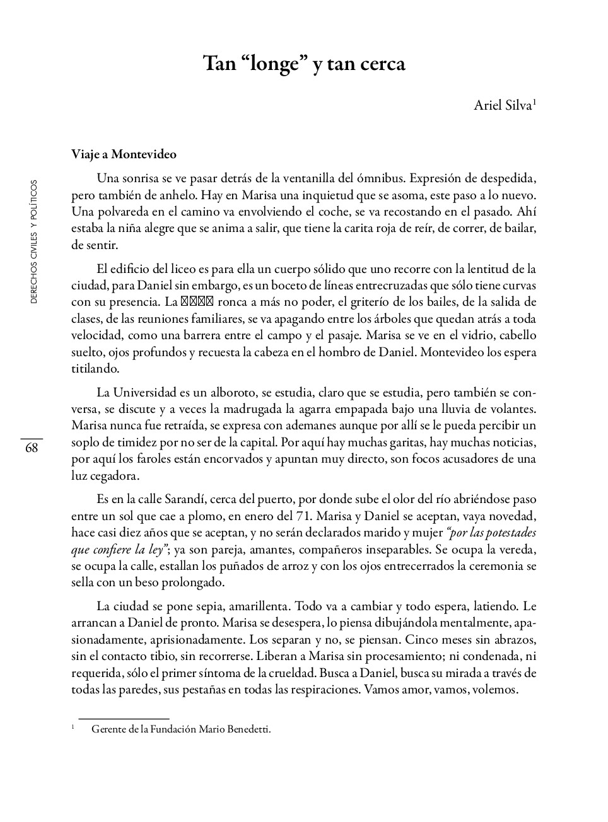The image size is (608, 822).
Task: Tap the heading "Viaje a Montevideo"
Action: pyautogui.click(x=124, y=154)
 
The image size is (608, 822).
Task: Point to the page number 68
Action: pyautogui.click(x=32, y=448)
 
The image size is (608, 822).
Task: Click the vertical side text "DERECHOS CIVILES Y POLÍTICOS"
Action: pyautogui.click(x=34, y=241)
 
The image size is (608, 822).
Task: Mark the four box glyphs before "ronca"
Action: pyautogui.click(x=198, y=301)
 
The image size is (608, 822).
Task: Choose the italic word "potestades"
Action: pyautogui.click(x=506, y=533)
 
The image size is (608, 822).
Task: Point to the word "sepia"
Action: pyautogui.click(x=204, y=606)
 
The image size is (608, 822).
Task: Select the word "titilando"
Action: pyautogui.click(x=95, y=368)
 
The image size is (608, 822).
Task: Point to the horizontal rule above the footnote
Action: pyautogui.click(x=124, y=718)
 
